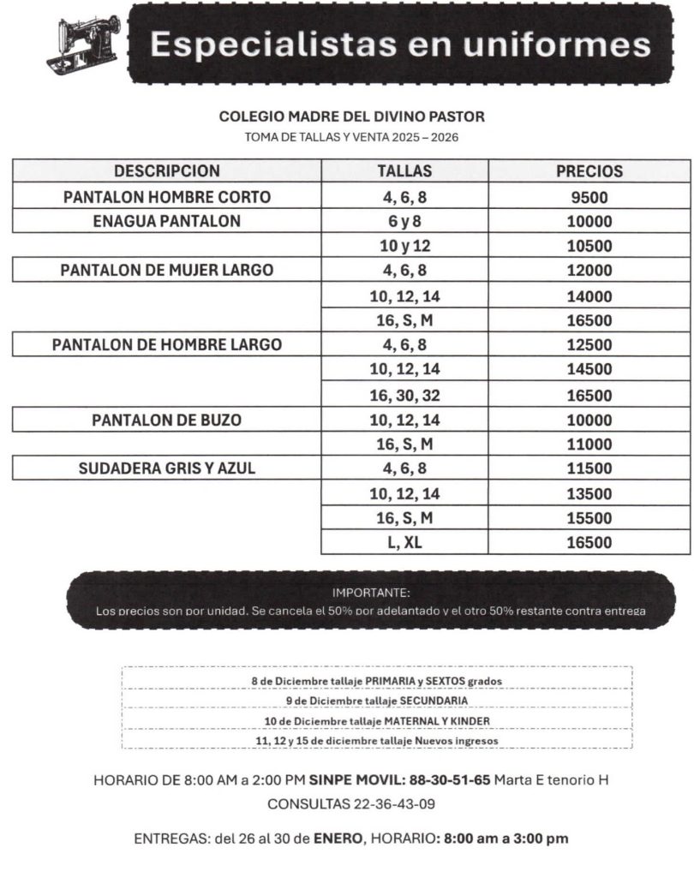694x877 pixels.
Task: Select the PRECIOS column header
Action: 589,171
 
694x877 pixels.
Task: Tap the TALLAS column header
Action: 404,171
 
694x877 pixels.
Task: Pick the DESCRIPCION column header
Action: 166,171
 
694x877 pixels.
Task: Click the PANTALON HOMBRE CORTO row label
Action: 166,197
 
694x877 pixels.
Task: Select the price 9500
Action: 589,198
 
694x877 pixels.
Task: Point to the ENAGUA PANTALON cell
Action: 166,222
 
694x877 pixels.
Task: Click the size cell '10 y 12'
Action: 404,247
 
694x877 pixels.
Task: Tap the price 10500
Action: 589,247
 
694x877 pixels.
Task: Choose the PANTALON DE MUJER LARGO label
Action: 166,271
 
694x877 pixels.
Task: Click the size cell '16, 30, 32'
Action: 404,395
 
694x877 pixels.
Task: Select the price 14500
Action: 589,370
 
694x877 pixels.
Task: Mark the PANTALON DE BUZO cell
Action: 166,420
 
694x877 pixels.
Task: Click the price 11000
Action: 589,444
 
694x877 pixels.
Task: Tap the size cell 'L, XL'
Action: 404,543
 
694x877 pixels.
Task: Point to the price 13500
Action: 589,494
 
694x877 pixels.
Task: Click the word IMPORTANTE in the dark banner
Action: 371,593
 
